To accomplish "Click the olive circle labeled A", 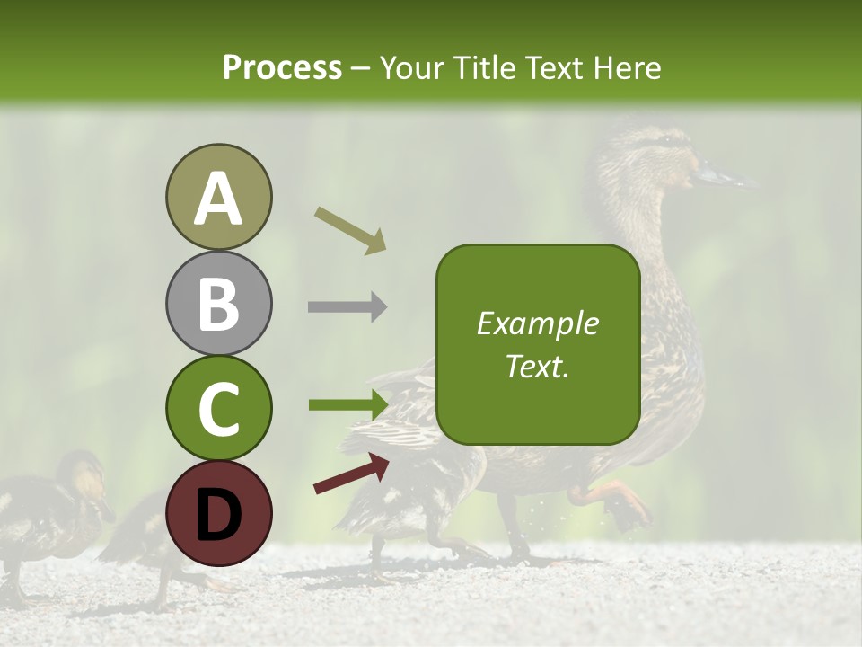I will (x=218, y=197).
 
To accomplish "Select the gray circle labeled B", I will (x=218, y=303).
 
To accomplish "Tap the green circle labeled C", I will (x=218, y=409).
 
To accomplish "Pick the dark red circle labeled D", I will (x=218, y=513).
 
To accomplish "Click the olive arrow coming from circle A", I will (x=350, y=229).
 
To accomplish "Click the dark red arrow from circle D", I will (x=351, y=474).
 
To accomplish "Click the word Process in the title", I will (x=282, y=67).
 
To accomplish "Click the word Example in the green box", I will (x=537, y=323).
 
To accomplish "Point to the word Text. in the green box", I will (x=537, y=366).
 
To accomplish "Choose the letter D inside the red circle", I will (x=218, y=515).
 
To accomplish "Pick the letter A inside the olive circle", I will (x=218, y=199).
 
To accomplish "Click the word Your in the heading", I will (x=409, y=67).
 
